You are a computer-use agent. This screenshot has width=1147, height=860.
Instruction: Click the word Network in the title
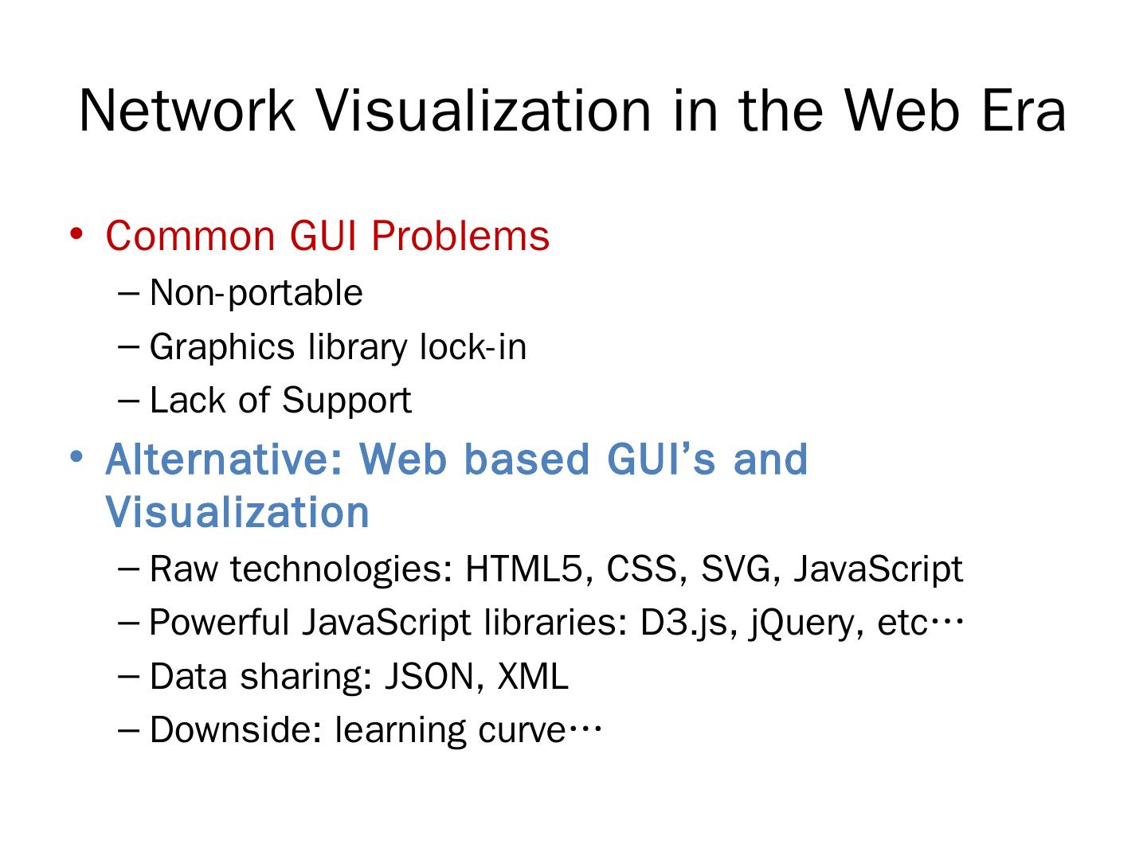click(186, 110)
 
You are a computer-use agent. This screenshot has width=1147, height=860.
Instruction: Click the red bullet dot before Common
click(76, 234)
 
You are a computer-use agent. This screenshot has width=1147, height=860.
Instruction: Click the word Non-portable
click(256, 293)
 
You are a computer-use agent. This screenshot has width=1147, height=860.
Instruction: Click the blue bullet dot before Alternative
click(76, 457)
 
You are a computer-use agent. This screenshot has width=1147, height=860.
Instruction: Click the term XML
click(533, 677)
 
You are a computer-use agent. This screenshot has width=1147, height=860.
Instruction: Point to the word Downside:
click(235, 730)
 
